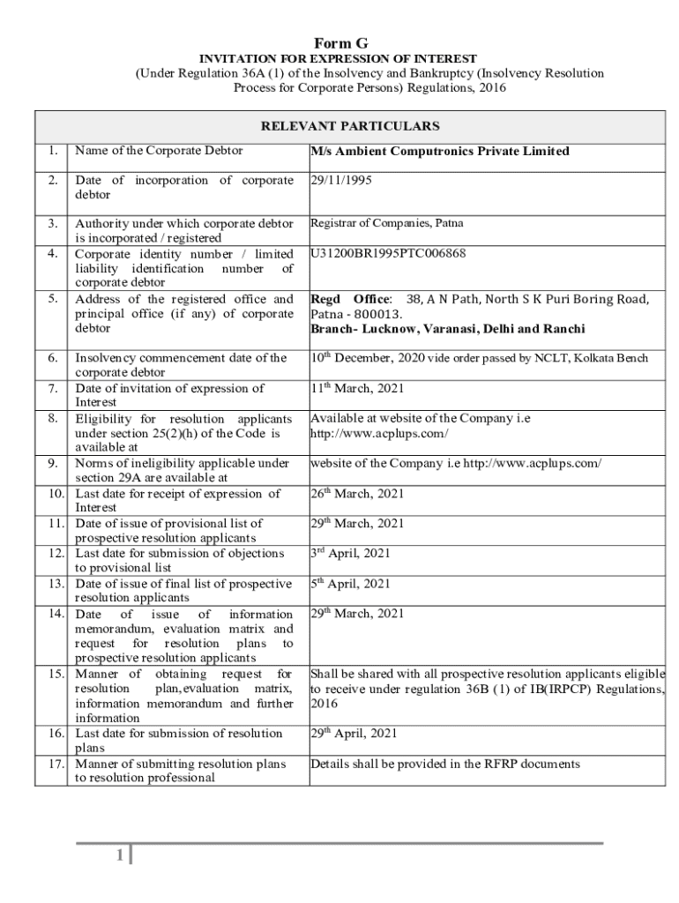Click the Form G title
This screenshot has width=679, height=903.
340,43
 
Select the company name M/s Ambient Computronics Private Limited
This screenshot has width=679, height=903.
440,152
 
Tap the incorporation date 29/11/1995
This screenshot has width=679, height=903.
341,181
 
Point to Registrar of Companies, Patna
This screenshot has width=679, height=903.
386,223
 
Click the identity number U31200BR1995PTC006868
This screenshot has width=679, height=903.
389,254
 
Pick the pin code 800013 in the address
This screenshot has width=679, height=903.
380,314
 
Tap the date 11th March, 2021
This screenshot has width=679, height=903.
356,388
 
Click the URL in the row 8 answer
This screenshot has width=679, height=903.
379,434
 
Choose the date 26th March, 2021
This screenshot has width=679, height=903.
357,494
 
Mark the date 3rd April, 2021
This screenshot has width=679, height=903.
350,554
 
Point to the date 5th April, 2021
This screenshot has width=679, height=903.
350,584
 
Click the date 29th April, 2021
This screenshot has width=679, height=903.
354,734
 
